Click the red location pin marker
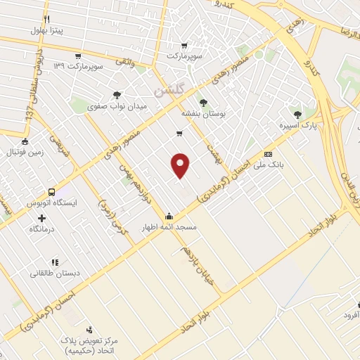point(181,165)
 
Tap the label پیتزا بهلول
point(47,30)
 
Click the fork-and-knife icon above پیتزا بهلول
point(46,19)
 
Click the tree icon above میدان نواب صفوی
point(117,95)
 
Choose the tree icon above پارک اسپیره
point(298,113)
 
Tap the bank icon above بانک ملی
point(267,154)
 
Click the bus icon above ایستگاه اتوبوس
point(51,191)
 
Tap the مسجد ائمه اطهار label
point(169,229)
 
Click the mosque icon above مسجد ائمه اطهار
point(169,217)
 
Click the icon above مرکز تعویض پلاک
point(89,329)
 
